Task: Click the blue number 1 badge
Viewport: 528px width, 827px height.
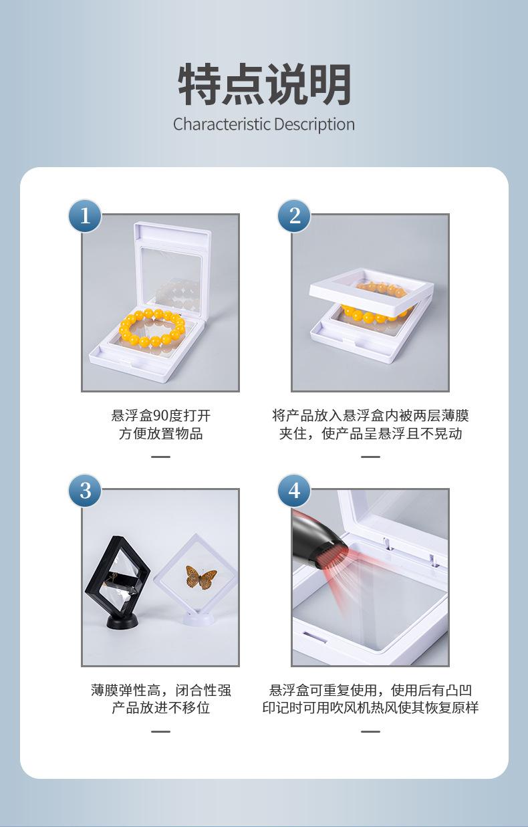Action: (x=86, y=216)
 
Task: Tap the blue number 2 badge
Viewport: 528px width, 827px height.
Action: (x=294, y=216)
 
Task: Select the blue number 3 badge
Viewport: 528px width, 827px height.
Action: (x=86, y=491)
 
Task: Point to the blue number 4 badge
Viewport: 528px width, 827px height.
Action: (x=294, y=491)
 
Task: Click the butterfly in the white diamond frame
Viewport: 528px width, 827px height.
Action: (x=201, y=577)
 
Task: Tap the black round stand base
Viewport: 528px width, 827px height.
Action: (x=122, y=621)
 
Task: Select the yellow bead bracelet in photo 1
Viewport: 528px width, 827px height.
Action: (x=152, y=327)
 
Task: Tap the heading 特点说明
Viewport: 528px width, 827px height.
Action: (x=264, y=84)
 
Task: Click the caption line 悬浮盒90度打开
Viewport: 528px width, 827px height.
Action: (x=161, y=416)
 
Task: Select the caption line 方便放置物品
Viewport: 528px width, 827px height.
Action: (x=161, y=433)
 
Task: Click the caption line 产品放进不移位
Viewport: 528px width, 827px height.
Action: (x=161, y=708)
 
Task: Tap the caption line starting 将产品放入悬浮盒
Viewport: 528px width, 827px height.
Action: (x=370, y=416)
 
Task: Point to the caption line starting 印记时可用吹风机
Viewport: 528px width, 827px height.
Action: (x=370, y=708)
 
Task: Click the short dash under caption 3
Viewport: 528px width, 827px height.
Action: (x=161, y=731)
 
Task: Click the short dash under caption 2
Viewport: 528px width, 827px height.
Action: (x=370, y=457)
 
